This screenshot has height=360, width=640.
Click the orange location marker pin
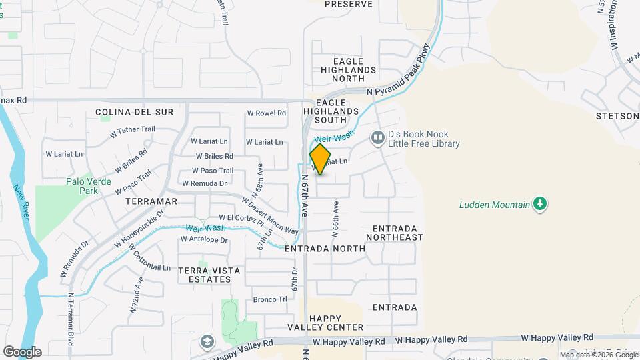tap(320, 159)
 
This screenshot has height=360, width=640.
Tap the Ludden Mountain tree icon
tap(541, 204)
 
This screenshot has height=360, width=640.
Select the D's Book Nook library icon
tap(378, 138)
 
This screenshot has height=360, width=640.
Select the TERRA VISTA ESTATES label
tap(204, 274)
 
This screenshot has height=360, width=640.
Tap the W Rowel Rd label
tap(266, 113)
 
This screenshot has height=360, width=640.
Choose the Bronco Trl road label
tap(269, 299)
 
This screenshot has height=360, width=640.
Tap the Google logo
tap(21, 352)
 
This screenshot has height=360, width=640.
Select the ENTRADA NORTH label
tap(325, 249)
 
